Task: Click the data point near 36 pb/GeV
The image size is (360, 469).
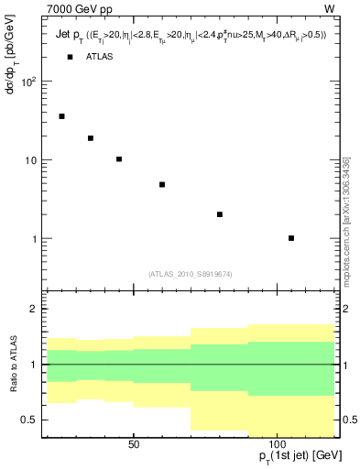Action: pyautogui.click(x=61, y=116)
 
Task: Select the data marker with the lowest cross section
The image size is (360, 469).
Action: pyautogui.click(x=291, y=238)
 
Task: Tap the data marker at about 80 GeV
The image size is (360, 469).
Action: pyautogui.click(x=220, y=214)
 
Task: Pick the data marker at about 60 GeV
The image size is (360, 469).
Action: pyautogui.click(x=162, y=184)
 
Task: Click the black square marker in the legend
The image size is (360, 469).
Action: pyautogui.click(x=70, y=57)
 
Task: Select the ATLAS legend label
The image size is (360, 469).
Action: pyautogui.click(x=100, y=57)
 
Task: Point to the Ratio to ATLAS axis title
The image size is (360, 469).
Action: pyautogui.click(x=12, y=364)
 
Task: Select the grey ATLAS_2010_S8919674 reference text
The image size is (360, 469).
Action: pyautogui.click(x=190, y=273)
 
